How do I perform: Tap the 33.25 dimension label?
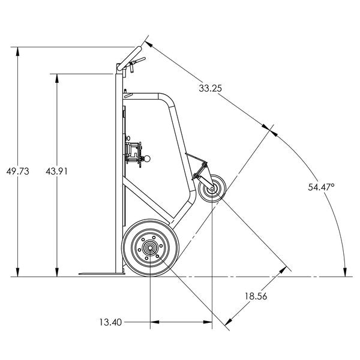[x=210, y=88]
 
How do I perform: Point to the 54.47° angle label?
[x=321, y=187]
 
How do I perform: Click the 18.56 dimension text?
[x=256, y=296]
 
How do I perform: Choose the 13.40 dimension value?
[x=111, y=322]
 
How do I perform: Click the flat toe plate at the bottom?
[x=99, y=274]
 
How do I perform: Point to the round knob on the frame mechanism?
[x=148, y=159]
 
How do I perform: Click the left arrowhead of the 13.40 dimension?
[x=154, y=323]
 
